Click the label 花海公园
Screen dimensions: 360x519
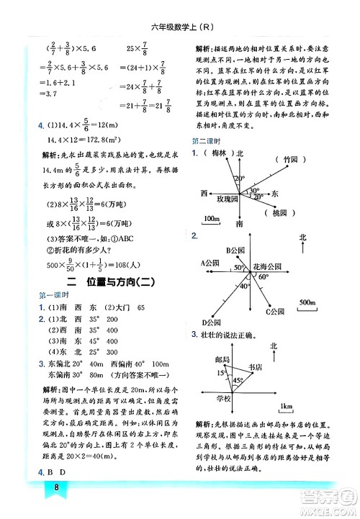click(269, 266)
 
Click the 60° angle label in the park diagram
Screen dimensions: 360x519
click(264, 277)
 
